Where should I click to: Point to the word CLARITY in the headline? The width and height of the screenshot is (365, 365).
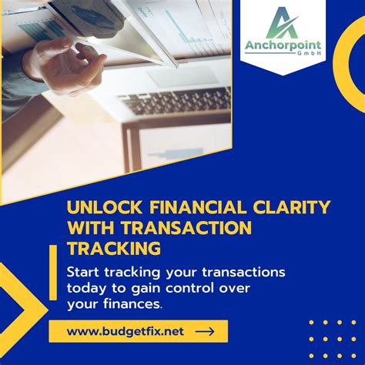pos(293,207)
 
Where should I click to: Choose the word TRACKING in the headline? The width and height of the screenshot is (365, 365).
pos(114,248)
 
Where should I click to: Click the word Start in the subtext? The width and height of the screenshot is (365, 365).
pos(85,273)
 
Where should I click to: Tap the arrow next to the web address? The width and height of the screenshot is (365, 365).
pos(205,331)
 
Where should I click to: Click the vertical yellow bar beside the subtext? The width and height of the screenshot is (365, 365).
pos(52,273)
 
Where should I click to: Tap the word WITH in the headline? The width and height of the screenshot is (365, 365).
pos(89,228)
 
